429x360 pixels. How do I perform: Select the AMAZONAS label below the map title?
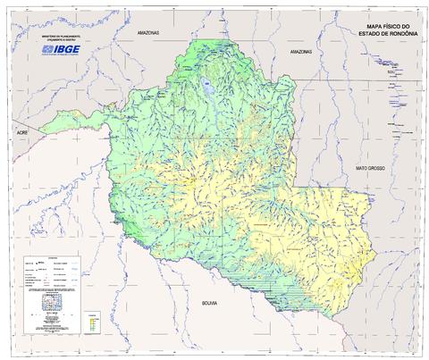click(300, 53)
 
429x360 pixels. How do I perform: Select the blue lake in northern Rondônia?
click(205, 88)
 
